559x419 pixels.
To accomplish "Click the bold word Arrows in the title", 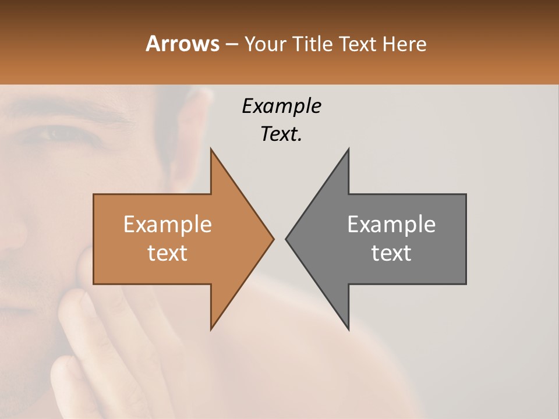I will (x=182, y=44).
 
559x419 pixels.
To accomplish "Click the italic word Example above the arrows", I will (x=281, y=106).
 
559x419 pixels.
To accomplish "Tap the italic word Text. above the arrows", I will (x=281, y=134).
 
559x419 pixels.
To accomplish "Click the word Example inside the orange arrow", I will (x=168, y=224).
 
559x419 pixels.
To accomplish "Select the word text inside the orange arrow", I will (x=168, y=253).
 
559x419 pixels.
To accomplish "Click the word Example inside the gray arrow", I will (x=391, y=224).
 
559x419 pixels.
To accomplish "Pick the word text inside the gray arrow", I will (x=391, y=253).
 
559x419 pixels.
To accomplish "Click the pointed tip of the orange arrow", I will (x=273, y=239).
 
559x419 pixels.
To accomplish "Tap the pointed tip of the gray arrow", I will (x=286, y=239).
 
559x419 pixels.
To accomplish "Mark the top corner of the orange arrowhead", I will (x=211, y=149).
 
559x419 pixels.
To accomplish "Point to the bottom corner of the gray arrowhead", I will (x=348, y=329).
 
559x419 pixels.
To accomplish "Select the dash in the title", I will (x=231, y=44).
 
